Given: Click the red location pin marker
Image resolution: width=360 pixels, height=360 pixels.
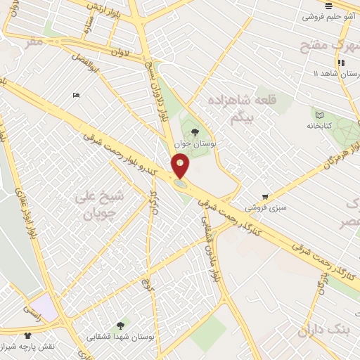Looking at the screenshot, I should click(x=181, y=166).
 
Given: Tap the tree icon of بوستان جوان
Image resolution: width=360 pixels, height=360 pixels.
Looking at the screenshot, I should click(x=195, y=131).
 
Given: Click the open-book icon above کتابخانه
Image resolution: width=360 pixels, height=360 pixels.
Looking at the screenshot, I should click(x=320, y=115).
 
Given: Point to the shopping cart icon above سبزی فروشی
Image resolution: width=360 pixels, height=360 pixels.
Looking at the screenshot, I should click(x=265, y=197).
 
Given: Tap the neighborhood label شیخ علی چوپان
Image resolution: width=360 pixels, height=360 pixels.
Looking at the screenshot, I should click(x=99, y=204).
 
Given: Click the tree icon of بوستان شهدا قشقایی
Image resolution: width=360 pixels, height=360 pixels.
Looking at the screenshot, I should click(x=120, y=326).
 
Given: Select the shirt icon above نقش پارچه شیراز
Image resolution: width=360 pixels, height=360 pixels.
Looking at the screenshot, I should click(x=27, y=336).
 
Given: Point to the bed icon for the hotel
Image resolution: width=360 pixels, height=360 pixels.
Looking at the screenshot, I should click(x=76, y=95).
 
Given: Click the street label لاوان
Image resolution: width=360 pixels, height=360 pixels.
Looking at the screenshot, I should click(x=122, y=51).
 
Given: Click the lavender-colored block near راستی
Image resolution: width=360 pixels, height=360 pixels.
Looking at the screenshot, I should click(x=44, y=307).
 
